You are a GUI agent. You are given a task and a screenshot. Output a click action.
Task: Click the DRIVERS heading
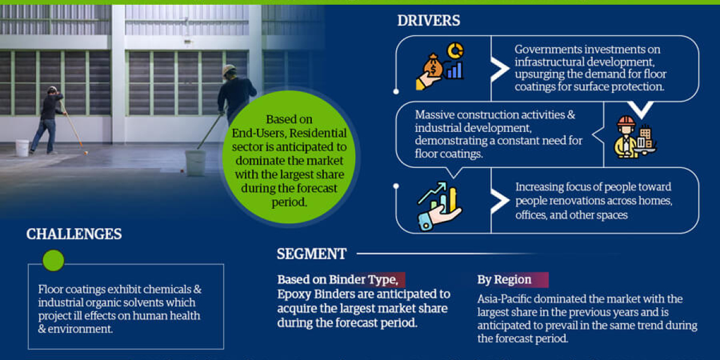pyautogui.click(x=428, y=20)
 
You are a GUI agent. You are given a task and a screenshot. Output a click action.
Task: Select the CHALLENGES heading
pyautogui.click(x=74, y=234)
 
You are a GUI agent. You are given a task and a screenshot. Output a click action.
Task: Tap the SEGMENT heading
pyautogui.click(x=311, y=254)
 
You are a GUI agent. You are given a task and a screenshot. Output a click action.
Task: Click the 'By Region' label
pyautogui.click(x=504, y=280)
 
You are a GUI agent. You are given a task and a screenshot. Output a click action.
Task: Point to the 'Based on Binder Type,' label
pyautogui.click(x=337, y=280)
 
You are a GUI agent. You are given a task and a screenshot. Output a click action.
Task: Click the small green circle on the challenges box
pyautogui.click(x=53, y=260)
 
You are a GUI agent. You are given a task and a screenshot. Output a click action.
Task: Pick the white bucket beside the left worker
pyautogui.click(x=22, y=148)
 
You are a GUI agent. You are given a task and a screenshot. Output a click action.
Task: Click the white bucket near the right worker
pyautogui.click(x=195, y=163)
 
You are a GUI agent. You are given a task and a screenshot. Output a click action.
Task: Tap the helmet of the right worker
pyautogui.click(x=229, y=70)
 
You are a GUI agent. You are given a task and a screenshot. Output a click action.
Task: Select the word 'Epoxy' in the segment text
pyautogui.click(x=292, y=294)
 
